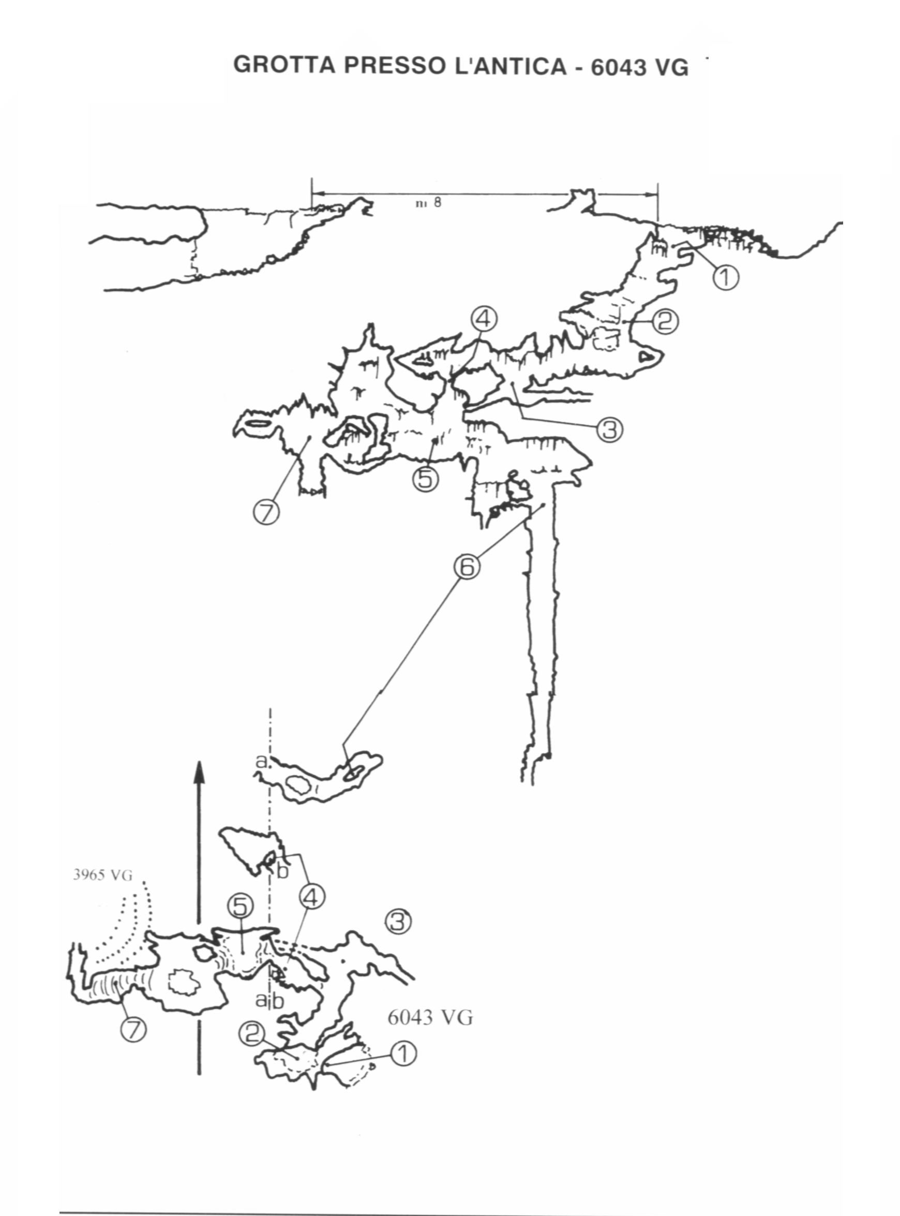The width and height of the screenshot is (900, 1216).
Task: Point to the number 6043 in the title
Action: [617, 67]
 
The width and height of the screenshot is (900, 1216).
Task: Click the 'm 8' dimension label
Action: [429, 203]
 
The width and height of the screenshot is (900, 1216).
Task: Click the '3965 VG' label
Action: [103, 876]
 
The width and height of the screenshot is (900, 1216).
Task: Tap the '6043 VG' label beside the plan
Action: [430, 1017]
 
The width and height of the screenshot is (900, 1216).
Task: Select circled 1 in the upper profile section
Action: [726, 277]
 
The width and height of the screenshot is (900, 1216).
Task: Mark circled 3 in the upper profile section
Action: [610, 429]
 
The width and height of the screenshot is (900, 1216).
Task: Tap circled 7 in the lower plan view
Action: [134, 1030]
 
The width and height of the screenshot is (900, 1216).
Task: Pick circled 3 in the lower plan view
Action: [398, 922]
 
